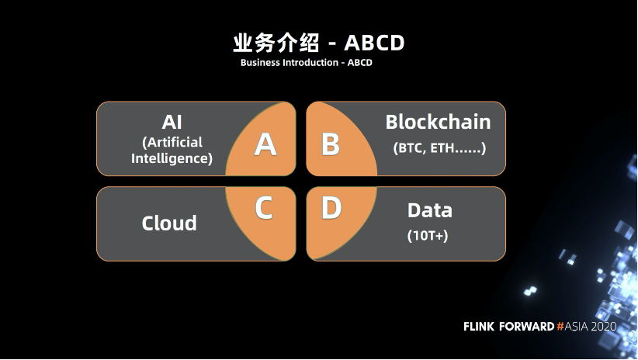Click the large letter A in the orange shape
pyautogui.click(x=265, y=144)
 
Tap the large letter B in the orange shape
pyautogui.click(x=331, y=144)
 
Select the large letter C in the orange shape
pyautogui.click(x=264, y=208)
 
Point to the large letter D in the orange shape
pyautogui.click(x=331, y=208)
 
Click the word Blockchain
pyautogui.click(x=438, y=122)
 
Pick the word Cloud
pyautogui.click(x=169, y=223)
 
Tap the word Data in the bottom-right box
pyautogui.click(x=429, y=210)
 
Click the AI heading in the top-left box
pyautogui.click(x=172, y=122)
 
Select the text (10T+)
pyautogui.click(x=428, y=235)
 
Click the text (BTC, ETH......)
pyautogui.click(x=439, y=147)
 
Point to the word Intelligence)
pyautogui.click(x=172, y=158)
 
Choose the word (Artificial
pyautogui.click(x=172, y=142)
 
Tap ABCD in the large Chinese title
pyautogui.click(x=374, y=42)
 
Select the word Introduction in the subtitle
pyautogui.click(x=308, y=62)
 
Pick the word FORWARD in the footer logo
pyautogui.click(x=527, y=327)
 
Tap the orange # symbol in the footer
pyautogui.click(x=560, y=327)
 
